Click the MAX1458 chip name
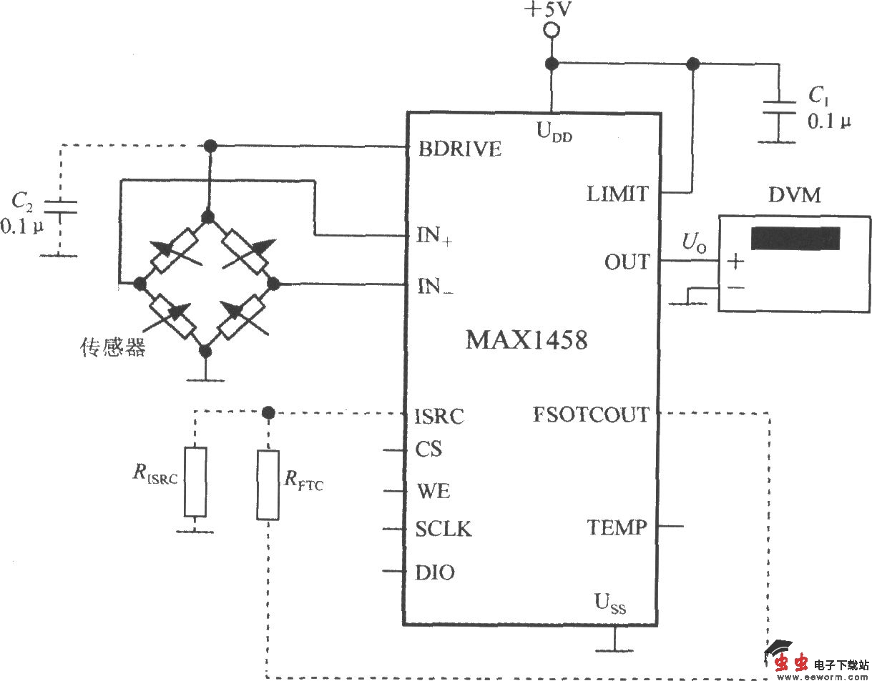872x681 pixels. coord(526,339)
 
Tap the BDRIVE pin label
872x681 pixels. coord(460,149)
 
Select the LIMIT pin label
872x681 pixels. coord(617,193)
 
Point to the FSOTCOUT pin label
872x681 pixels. coord(591,414)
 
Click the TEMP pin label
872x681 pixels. coord(617,528)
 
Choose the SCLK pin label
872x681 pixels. coord(444,530)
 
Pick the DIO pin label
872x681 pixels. coord(434,572)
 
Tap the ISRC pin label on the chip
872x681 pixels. coord(439,416)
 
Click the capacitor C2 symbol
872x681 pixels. coord(60,207)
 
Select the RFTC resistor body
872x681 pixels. coord(268,484)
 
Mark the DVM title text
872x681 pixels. coord(794,195)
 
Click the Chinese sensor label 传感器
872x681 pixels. coord(112,348)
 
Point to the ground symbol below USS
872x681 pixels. coord(614,647)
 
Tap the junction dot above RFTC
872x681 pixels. coord(268,412)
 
